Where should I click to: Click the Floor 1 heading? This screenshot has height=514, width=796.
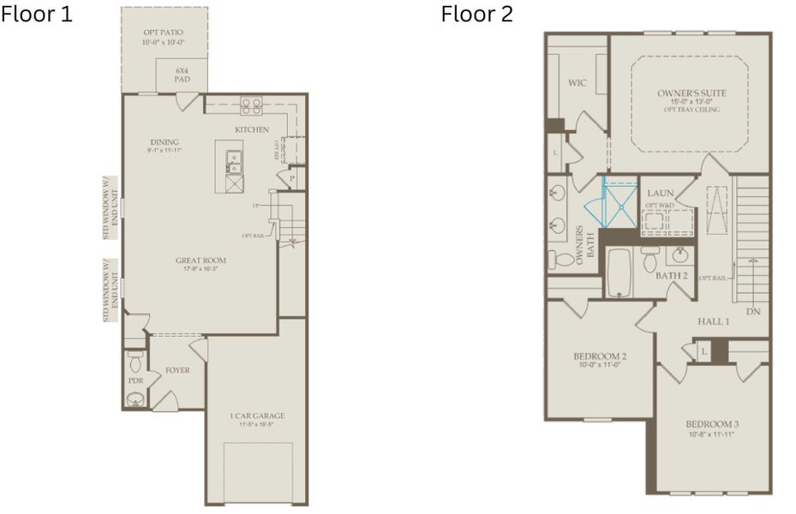[x=37, y=15]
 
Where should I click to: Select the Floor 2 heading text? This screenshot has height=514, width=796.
[x=477, y=15]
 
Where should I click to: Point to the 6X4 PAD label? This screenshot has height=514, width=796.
[x=182, y=74]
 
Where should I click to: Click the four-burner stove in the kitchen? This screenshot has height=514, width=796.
[x=251, y=106]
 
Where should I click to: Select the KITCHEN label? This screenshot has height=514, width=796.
[x=252, y=129]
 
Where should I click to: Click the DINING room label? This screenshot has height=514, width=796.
[x=164, y=142]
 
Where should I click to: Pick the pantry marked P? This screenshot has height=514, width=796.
[x=291, y=179]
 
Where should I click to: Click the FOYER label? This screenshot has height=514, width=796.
[x=177, y=370]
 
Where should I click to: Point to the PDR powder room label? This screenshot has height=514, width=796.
[x=135, y=380]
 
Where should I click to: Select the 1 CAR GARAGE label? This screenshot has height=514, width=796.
[x=257, y=416]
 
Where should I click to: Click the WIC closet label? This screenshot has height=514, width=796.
[x=577, y=83]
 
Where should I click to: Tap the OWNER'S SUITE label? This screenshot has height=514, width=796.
[x=689, y=92]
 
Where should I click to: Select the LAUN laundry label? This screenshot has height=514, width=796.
[x=661, y=194]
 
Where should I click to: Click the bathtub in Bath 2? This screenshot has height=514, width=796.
[x=620, y=273]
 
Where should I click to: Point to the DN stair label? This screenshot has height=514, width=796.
[x=753, y=312]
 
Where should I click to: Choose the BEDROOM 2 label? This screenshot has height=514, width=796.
[x=600, y=356]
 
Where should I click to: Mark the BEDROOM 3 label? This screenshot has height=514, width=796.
[x=713, y=424]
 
